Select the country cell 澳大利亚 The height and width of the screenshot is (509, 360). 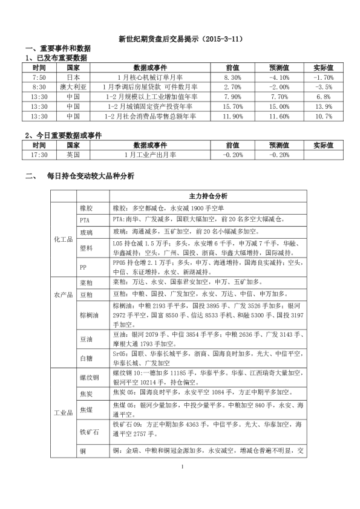pyautogui.click(x=73, y=87)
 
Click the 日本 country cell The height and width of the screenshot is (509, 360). pyautogui.click(x=73, y=78)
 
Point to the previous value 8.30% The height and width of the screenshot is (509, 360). pyautogui.click(x=232, y=78)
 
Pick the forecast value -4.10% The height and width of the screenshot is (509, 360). pyautogui.click(x=278, y=78)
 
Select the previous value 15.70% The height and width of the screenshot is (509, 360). pyautogui.click(x=232, y=106)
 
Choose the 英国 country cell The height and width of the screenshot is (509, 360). pyautogui.click(x=73, y=155)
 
